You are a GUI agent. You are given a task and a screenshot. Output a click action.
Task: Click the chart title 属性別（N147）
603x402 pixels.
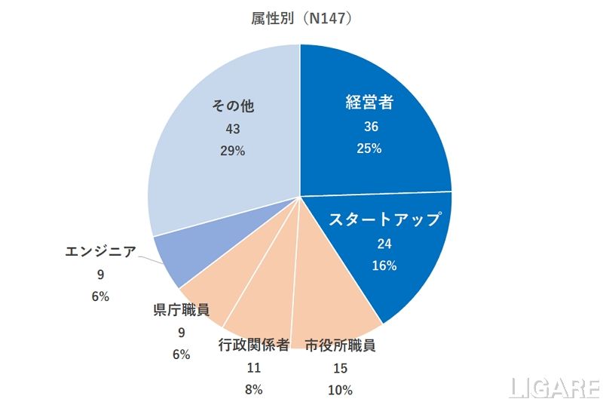pos(301,19)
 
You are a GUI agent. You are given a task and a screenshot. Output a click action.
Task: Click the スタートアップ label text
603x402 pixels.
pos(384,219)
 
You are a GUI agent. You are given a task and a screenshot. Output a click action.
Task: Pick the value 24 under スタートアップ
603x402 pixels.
pos(384,243)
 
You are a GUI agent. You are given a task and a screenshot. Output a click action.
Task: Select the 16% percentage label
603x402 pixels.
pos(384,265)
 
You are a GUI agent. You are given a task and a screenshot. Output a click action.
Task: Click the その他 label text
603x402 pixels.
pos(233,106)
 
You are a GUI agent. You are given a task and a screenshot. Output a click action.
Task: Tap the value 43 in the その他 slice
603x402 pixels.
pos(233,129)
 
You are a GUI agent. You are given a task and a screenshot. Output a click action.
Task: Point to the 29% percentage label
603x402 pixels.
pos(233,151)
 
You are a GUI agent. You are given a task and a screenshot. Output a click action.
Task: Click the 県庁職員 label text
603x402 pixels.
pos(181,309)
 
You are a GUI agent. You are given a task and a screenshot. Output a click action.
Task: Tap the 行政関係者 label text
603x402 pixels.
pos(253,346)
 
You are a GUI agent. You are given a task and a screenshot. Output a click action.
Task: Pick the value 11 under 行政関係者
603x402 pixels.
pos(253,368)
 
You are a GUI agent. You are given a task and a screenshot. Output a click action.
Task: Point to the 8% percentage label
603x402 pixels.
pos(253,390)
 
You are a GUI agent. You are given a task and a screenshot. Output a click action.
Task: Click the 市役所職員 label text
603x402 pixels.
pos(340,346)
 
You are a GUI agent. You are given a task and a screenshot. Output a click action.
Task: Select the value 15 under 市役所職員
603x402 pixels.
pos(340,368)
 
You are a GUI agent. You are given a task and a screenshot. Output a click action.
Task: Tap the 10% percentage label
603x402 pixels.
pos(340,390)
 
